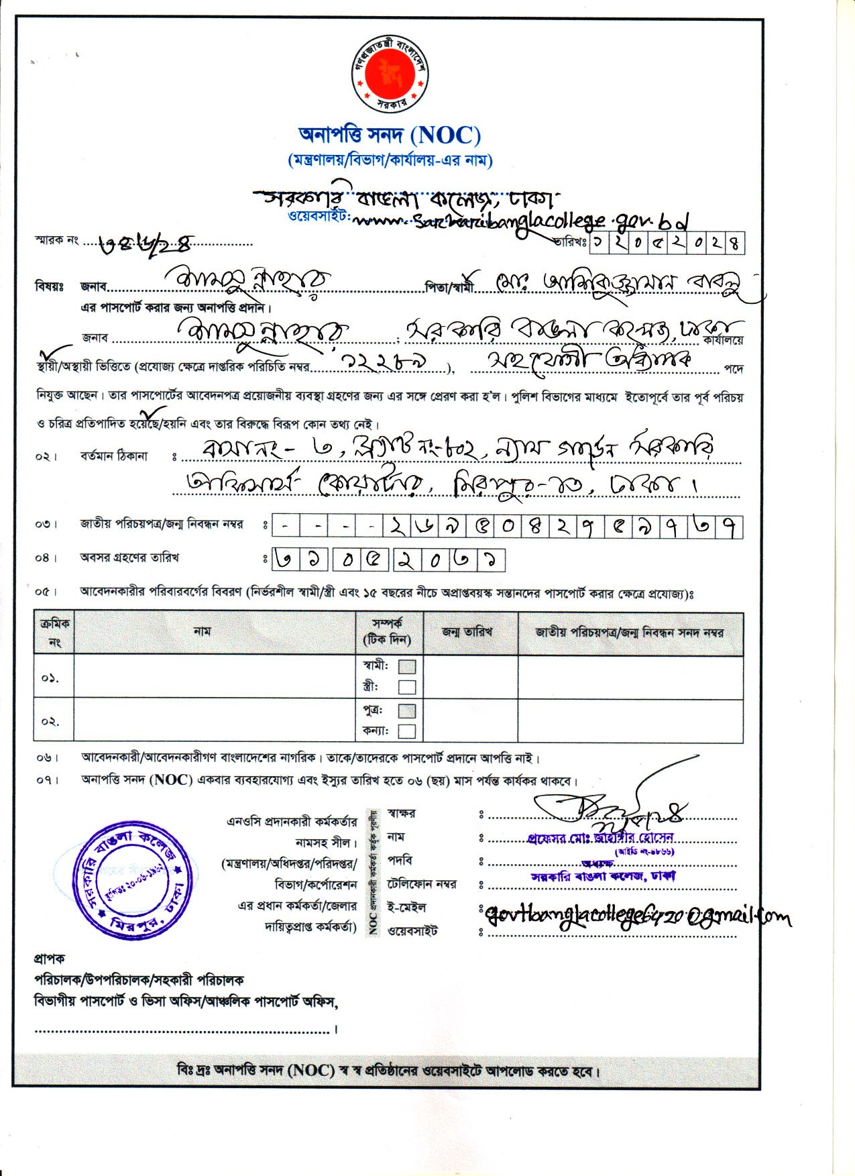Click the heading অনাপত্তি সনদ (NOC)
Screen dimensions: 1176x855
coord(390,136)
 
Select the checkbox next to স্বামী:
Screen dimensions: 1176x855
coord(407,667)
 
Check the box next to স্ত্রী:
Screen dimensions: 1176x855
coord(407,687)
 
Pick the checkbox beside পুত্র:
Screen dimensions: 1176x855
coord(407,710)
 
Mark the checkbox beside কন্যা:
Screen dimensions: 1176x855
coord(407,731)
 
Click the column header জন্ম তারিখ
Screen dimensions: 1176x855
coord(467,632)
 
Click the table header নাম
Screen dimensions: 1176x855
coord(202,631)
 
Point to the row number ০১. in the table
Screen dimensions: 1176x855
coord(50,678)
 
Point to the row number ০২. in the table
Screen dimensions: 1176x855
coord(50,722)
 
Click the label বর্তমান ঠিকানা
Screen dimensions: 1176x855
coord(113,457)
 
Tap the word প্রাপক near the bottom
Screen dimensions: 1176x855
coord(50,959)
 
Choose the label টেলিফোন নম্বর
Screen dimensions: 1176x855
coord(422,884)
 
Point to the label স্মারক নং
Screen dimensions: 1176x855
coord(57,239)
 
